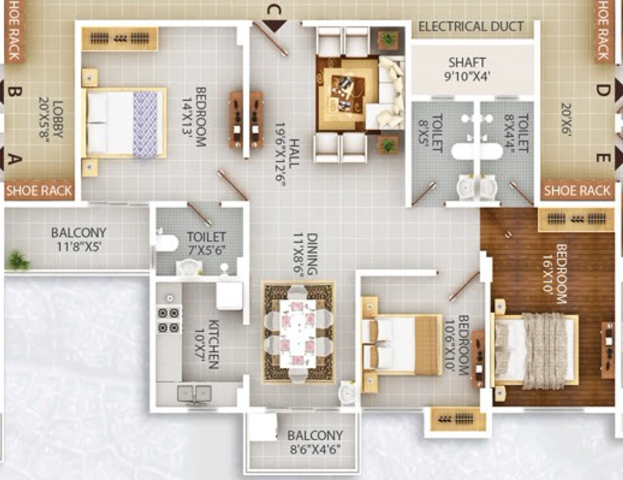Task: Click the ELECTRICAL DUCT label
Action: click(471, 27)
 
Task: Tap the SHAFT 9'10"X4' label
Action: click(467, 69)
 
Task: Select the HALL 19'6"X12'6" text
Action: click(287, 151)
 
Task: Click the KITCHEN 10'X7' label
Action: click(207, 344)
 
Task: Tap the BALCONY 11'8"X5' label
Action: click(78, 240)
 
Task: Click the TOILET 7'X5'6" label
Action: click(206, 243)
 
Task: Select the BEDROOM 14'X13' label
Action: click(194, 117)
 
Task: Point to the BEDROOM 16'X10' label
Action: click(555, 274)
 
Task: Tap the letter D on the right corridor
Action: click(603, 90)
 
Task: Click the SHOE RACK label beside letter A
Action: click(39, 190)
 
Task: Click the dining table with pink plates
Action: click(298, 333)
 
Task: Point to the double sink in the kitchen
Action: click(194, 394)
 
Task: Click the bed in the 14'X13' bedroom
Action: click(124, 122)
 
